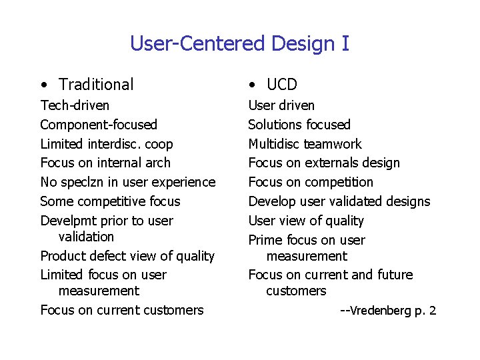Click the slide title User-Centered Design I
tap(239, 44)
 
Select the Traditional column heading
tap(96, 85)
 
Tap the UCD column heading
tap(281, 85)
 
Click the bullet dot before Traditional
tap(43, 85)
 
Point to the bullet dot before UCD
tap(251, 85)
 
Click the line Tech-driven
tap(75, 105)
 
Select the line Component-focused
tap(99, 125)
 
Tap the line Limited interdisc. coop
tap(107, 144)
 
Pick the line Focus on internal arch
tap(105, 163)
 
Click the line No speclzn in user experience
tap(128, 182)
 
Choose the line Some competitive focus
tap(110, 201)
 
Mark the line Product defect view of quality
tap(127, 256)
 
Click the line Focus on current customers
tap(122, 310)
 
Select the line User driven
tap(281, 105)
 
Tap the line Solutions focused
tap(299, 125)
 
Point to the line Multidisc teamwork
tap(305, 144)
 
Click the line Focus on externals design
tap(324, 163)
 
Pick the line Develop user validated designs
tap(339, 201)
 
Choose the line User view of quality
tap(306, 221)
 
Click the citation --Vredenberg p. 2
tap(388, 310)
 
